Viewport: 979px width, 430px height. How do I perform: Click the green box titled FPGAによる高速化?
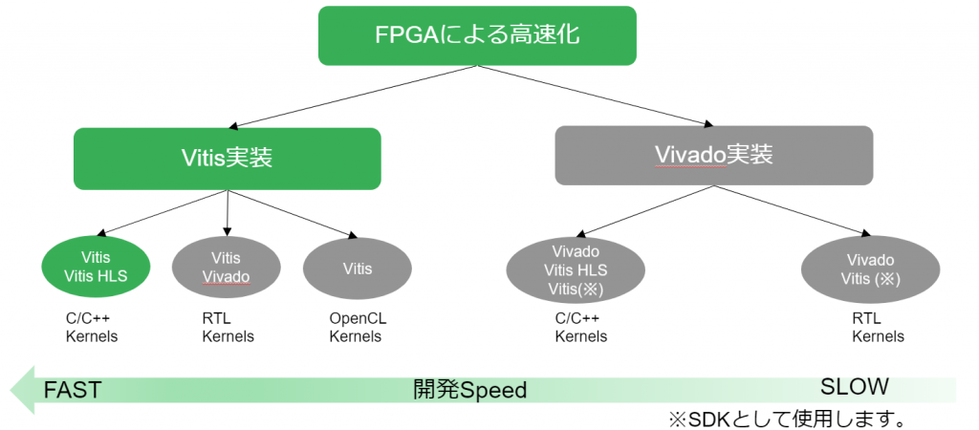pyautogui.click(x=477, y=35)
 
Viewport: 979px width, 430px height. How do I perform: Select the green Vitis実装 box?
pyautogui.click(x=228, y=157)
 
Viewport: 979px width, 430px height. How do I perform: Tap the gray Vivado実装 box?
pyautogui.click(x=713, y=155)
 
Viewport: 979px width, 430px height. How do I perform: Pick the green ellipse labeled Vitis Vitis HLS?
pyautogui.click(x=97, y=268)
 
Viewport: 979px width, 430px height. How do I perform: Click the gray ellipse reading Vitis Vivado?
pyautogui.click(x=226, y=268)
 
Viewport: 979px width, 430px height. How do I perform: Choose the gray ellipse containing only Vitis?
pyautogui.click(x=357, y=269)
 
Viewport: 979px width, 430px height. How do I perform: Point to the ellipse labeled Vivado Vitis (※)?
pyautogui.click(x=870, y=269)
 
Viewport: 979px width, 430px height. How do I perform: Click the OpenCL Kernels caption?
pyautogui.click(x=357, y=327)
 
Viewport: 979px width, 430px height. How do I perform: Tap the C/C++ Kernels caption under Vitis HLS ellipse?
pyautogui.click(x=92, y=327)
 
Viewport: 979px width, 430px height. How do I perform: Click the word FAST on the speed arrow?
pyautogui.click(x=72, y=390)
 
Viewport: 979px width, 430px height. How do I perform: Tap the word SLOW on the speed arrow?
pyautogui.click(x=855, y=386)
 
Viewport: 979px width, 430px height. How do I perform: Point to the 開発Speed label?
pyautogui.click(x=469, y=390)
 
